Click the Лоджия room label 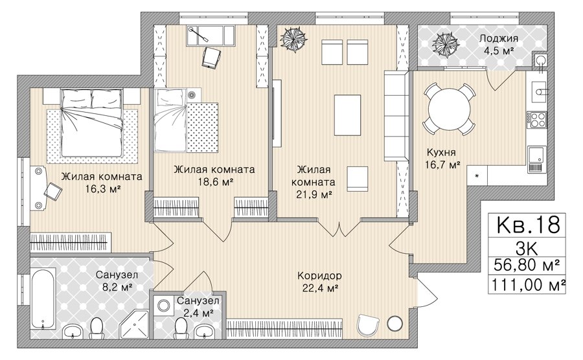coord(498,39)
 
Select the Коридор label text coord(319,276)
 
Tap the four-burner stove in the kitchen coord(536,120)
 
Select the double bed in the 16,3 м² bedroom coord(92,122)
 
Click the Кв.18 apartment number coord(527,225)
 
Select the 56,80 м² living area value coord(527,265)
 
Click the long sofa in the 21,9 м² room coord(396,116)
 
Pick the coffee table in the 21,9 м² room coord(347,115)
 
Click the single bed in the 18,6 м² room coord(171,120)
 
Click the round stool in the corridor coord(394,324)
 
